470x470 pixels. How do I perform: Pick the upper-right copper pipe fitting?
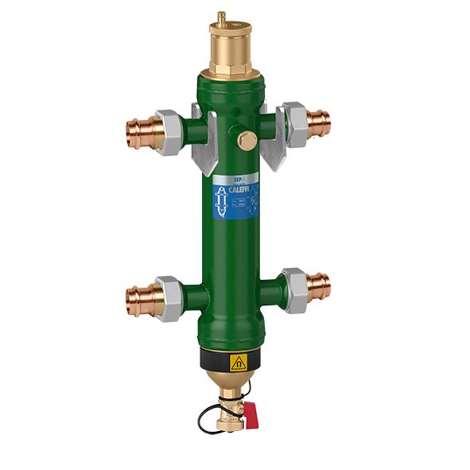tap(320, 122)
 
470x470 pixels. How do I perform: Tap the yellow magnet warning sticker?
tap(237, 363)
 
